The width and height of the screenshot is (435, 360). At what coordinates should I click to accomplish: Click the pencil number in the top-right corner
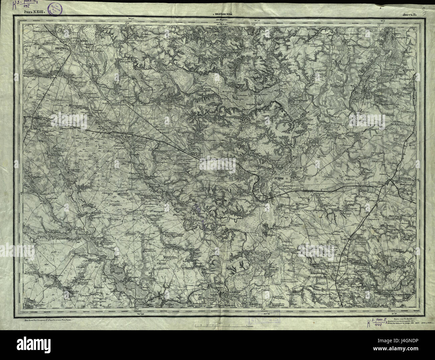point(424,4)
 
